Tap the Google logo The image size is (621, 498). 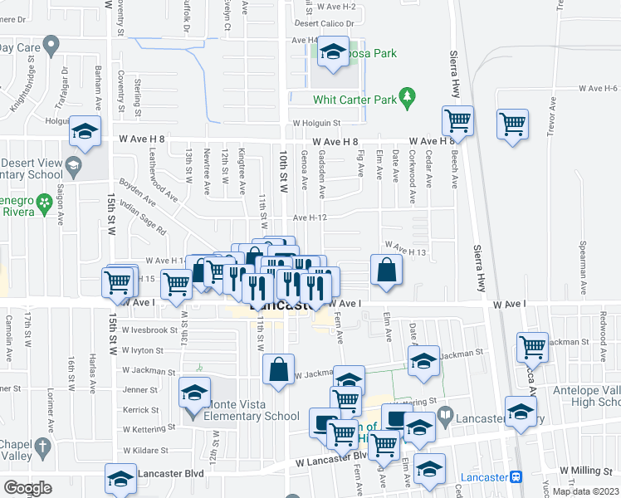click(27, 488)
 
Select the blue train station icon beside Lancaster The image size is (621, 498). click(516, 477)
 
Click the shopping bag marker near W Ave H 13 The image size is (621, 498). click(387, 271)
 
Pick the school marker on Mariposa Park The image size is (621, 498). click(333, 54)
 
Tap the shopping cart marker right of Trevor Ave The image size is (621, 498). click(513, 124)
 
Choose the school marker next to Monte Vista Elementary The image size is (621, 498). click(194, 392)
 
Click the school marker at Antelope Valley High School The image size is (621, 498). click(521, 413)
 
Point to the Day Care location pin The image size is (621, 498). click(51, 44)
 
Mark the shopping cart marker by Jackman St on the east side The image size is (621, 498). click(531, 347)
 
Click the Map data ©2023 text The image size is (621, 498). click(584, 491)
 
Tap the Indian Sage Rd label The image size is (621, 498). click(144, 218)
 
